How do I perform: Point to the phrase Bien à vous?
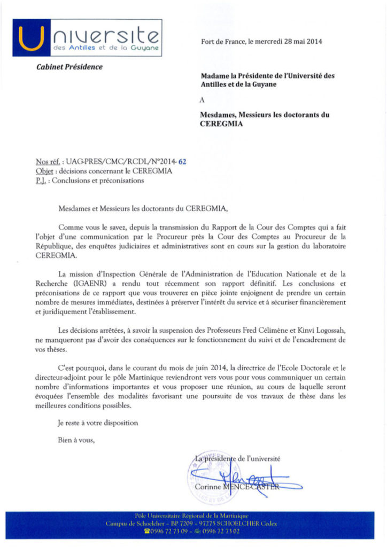[77, 440]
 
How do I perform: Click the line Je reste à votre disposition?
[98, 423]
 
